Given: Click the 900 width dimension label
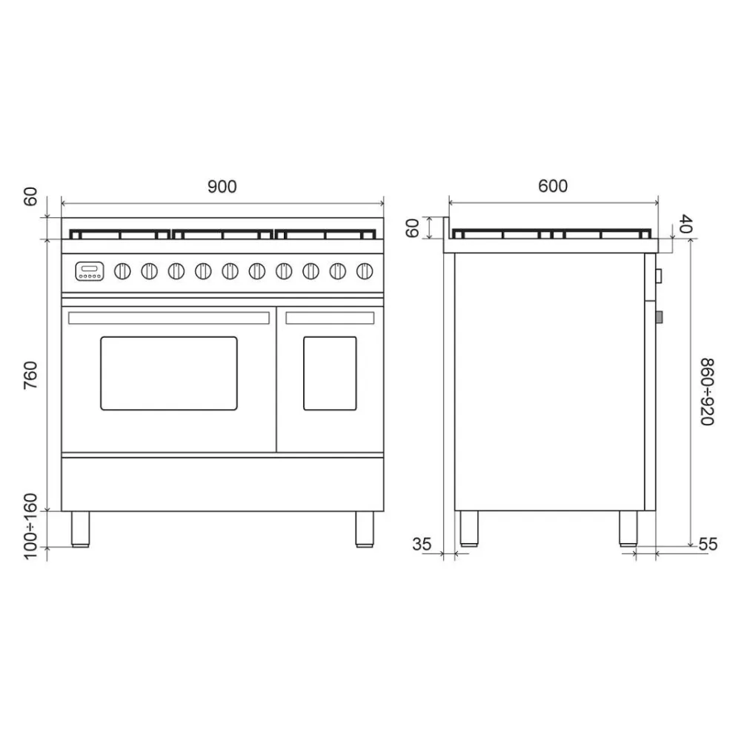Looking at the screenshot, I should (222, 187).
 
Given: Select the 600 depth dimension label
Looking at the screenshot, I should (553, 186).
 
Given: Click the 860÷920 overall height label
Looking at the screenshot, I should (707, 391).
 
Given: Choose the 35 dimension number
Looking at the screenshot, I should (422, 544).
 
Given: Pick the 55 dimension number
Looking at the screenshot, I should (708, 544).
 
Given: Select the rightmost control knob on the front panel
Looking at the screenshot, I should (364, 271).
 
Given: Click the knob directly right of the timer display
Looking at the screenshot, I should (122, 271).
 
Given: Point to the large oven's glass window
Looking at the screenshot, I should (169, 373).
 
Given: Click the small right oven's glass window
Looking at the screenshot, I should (330, 373).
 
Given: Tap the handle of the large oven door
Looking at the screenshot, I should (169, 318).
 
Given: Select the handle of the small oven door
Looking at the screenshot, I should (330, 318).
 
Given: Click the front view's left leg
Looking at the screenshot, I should (80, 528).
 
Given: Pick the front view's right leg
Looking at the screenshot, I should (365, 528).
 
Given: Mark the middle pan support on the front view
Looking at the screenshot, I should (222, 235).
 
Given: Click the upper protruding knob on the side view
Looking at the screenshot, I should (659, 276).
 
